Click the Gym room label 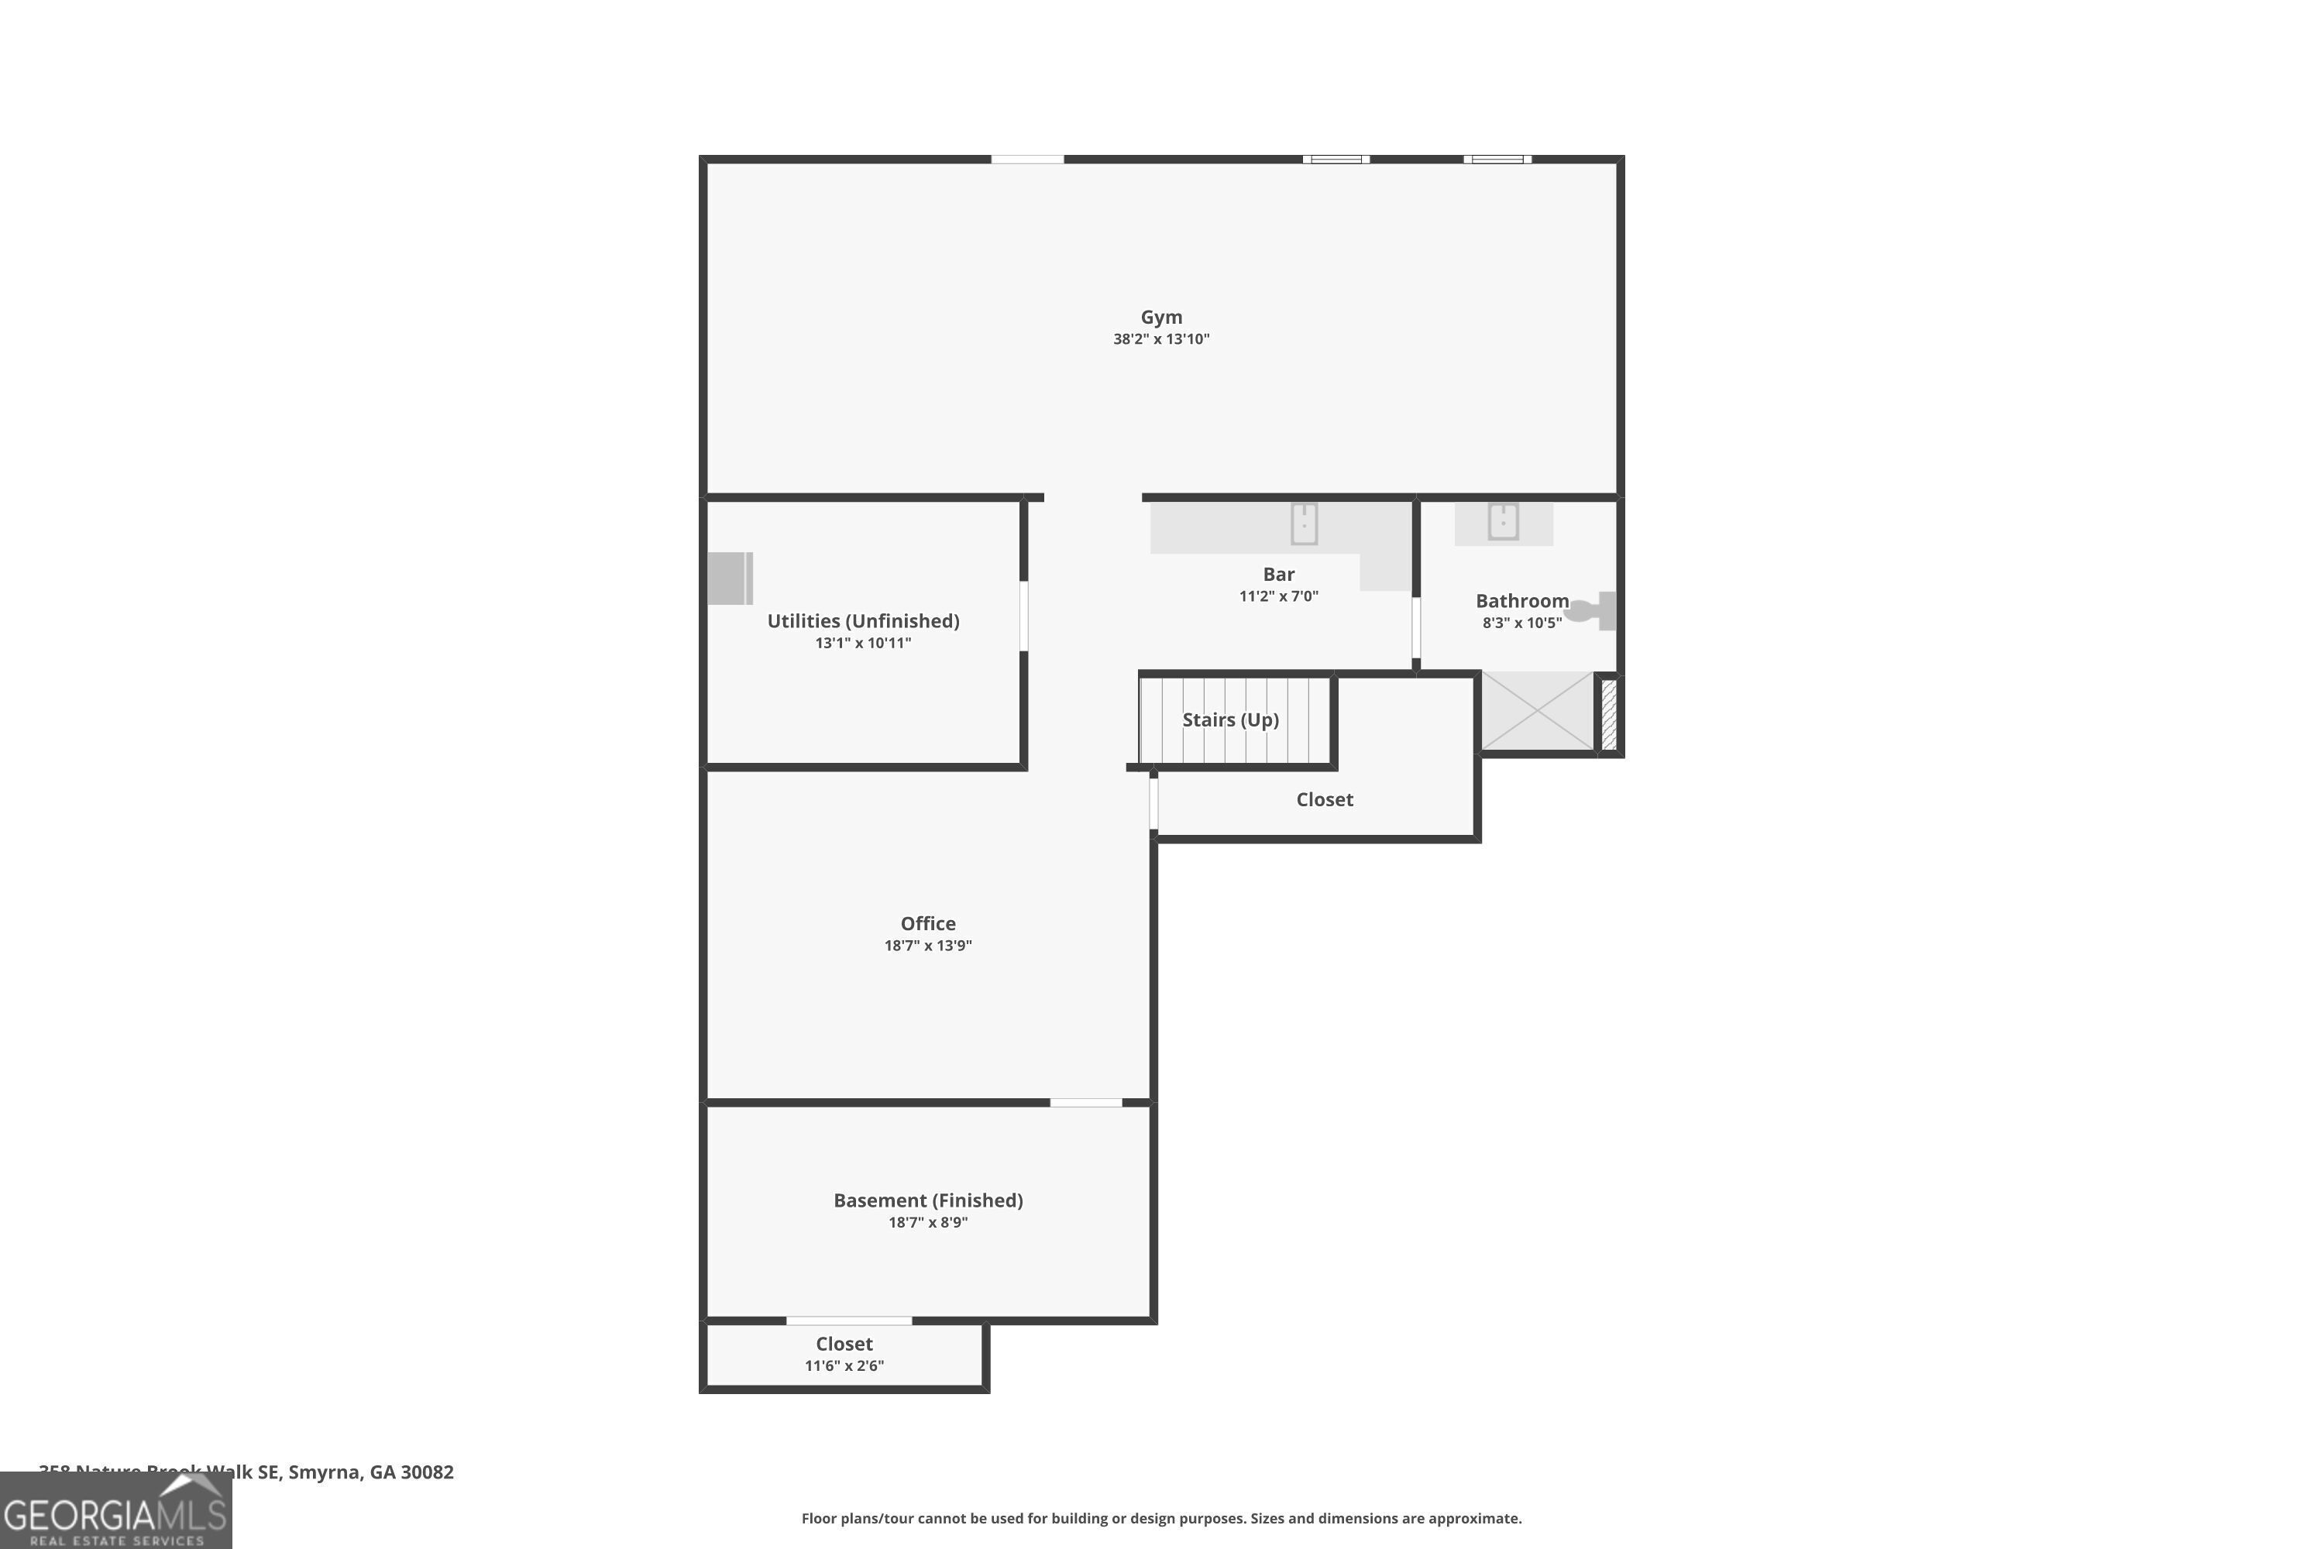click(1161, 317)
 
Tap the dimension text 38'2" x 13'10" click(1161, 339)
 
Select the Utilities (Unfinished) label click(863, 620)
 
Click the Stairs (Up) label click(1230, 720)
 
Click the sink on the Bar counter click(1305, 524)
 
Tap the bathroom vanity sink click(1503, 520)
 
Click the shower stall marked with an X click(1536, 711)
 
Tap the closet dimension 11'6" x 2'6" click(844, 1365)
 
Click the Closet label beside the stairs click(1324, 799)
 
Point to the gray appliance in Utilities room click(731, 578)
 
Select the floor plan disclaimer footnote click(1161, 1518)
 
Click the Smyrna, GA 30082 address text click(370, 1472)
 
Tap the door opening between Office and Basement click(1085, 1102)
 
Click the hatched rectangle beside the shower click(1609, 713)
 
